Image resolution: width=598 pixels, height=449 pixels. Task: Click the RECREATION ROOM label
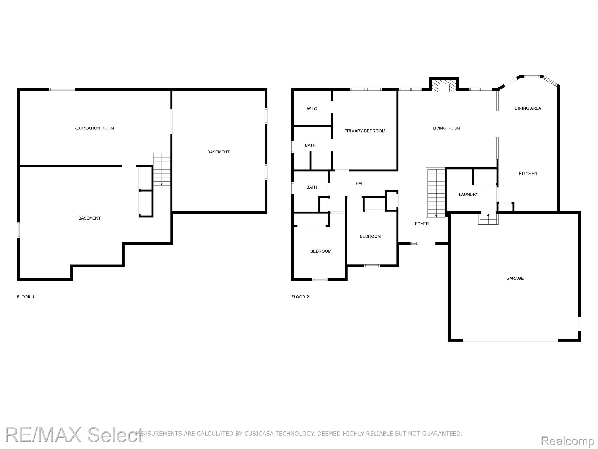(x=94, y=128)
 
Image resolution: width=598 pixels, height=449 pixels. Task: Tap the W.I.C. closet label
(x=312, y=109)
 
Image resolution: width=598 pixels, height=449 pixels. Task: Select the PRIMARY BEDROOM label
(x=365, y=131)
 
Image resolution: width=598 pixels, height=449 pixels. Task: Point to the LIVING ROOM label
(x=446, y=128)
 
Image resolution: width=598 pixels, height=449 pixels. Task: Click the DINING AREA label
(x=528, y=108)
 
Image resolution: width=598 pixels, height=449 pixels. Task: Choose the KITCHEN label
(x=528, y=174)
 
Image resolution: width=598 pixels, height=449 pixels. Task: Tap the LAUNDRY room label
(x=468, y=194)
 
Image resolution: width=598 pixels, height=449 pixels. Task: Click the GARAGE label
(x=515, y=278)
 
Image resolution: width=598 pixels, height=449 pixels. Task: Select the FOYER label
(x=422, y=224)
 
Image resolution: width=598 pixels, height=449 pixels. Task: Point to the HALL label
(x=361, y=184)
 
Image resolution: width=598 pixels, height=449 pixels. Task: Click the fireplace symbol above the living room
(x=444, y=86)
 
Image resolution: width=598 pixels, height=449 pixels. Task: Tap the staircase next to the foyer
(x=436, y=193)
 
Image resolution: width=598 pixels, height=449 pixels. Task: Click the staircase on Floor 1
(x=162, y=169)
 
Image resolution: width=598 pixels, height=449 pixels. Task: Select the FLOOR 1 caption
(x=26, y=297)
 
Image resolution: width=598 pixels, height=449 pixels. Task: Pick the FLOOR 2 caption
(x=300, y=297)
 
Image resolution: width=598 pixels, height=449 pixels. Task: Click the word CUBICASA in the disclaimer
(x=257, y=434)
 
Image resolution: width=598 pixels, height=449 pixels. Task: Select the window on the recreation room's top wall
(x=62, y=89)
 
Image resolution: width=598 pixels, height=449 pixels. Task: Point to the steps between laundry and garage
(x=488, y=219)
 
